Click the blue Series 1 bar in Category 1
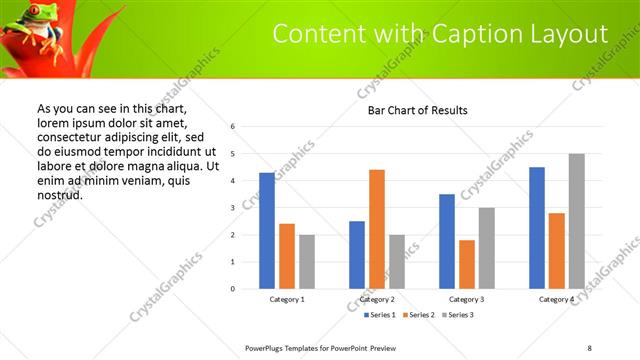[x=267, y=231]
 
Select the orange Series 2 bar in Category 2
[x=377, y=229]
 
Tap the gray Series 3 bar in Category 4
[x=576, y=221]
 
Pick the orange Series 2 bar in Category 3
[x=467, y=264]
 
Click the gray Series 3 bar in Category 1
[x=306, y=262]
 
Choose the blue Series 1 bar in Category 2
[x=357, y=255]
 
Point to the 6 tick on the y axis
[x=232, y=127]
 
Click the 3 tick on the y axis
[x=232, y=208]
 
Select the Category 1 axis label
[x=287, y=299]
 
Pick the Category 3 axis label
[x=467, y=299]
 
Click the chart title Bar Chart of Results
[x=417, y=110]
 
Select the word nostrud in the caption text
[x=59, y=194]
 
